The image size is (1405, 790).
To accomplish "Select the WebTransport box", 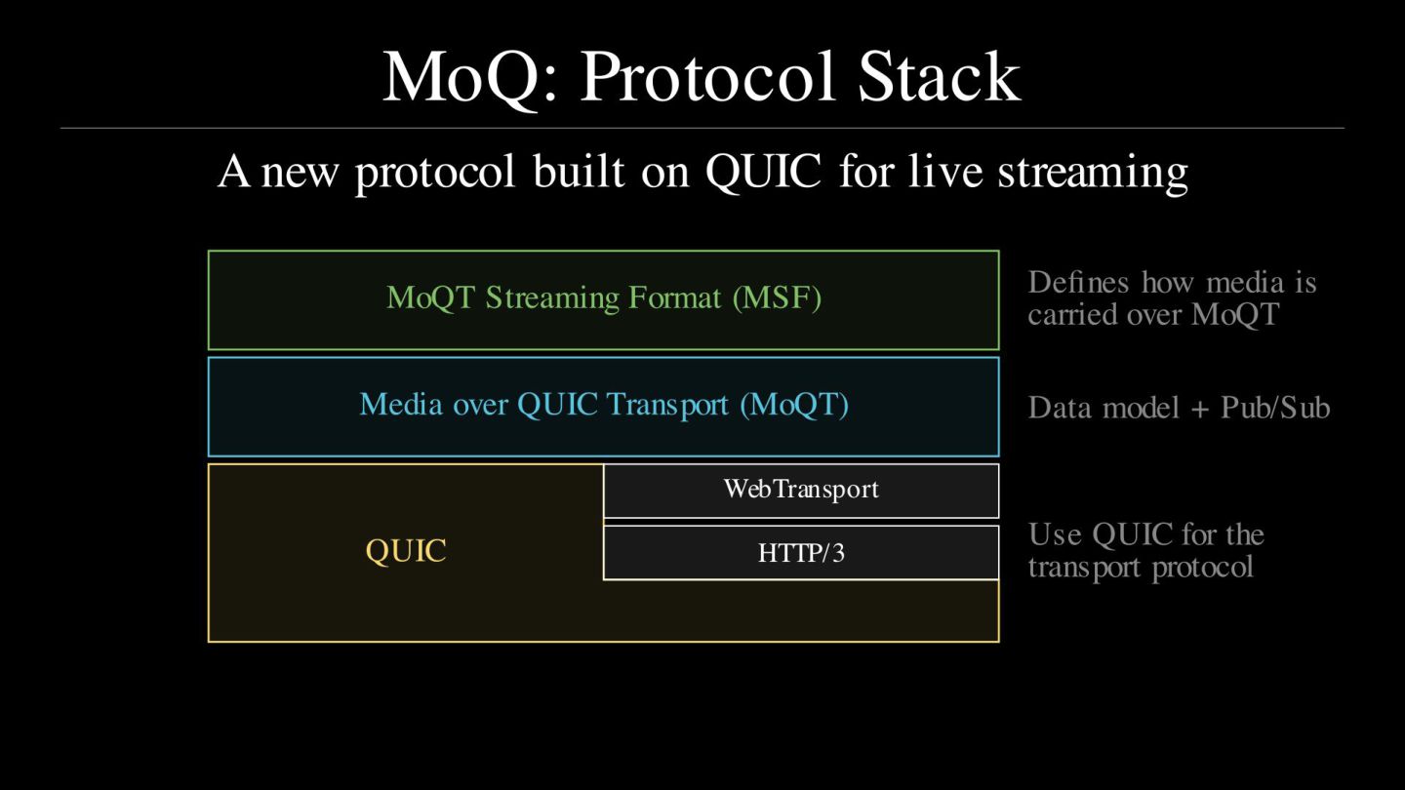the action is tap(800, 490).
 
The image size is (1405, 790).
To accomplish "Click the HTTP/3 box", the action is tap(800, 553).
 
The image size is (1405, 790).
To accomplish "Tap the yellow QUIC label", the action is tap(406, 551).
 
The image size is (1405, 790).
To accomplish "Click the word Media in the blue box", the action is tap(401, 405).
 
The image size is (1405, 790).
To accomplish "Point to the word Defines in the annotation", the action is tap(1078, 283).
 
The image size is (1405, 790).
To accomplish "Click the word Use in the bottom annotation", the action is tap(1055, 534).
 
